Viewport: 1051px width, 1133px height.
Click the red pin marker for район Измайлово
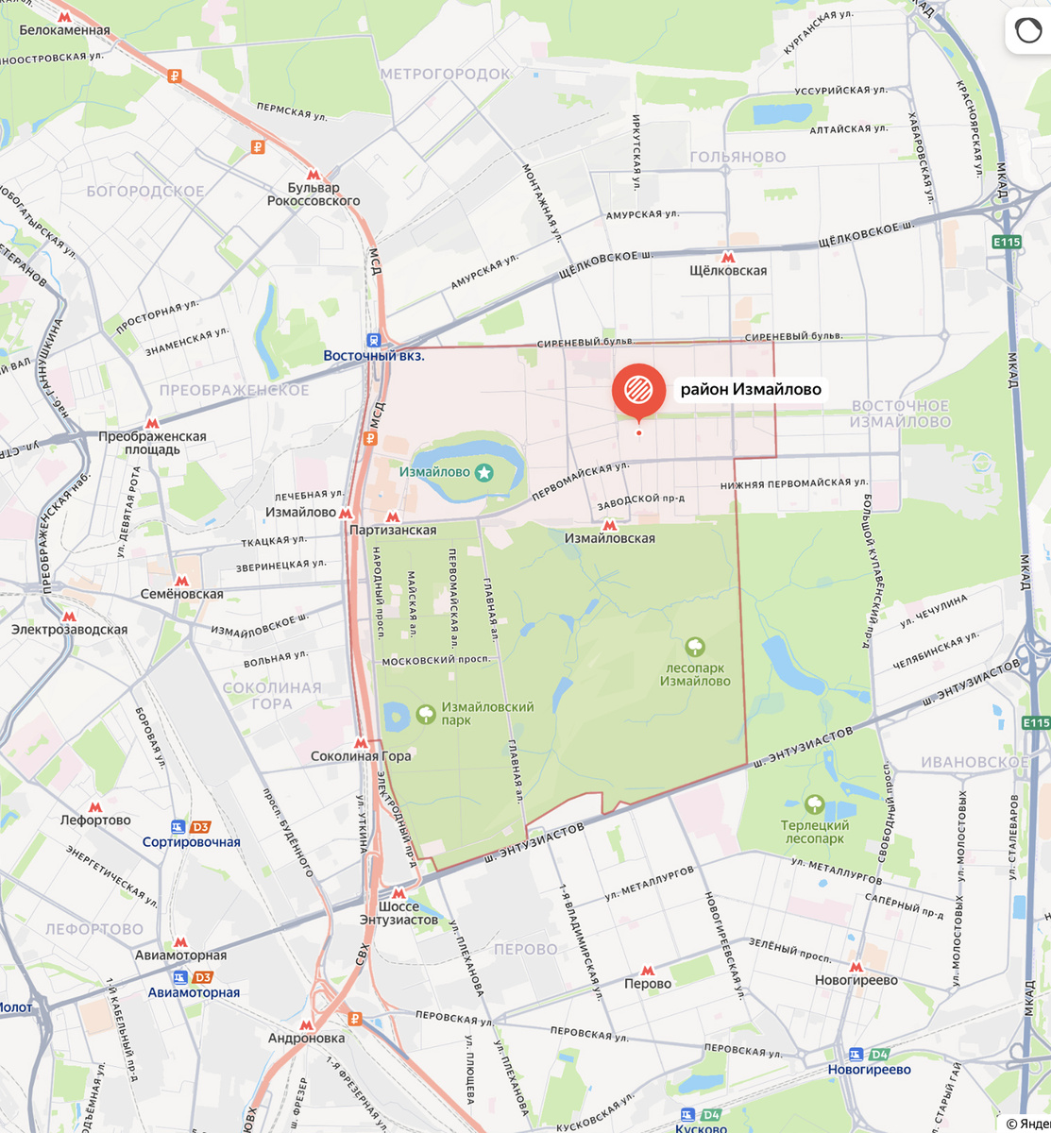(638, 390)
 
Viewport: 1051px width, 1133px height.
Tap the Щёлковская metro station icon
(727, 257)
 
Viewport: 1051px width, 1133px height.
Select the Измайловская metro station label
(609, 538)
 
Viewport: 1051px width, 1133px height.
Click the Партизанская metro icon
(393, 516)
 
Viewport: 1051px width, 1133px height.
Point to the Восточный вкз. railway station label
(374, 356)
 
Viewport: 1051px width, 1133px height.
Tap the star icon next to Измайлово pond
(483, 472)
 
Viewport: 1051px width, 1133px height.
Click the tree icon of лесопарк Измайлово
(695, 647)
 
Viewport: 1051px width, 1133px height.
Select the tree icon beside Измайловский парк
(426, 713)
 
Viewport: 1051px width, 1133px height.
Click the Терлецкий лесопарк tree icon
(815, 805)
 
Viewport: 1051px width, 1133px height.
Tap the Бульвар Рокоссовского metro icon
(314, 175)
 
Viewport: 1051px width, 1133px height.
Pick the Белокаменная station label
(64, 30)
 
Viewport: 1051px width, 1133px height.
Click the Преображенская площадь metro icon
(152, 424)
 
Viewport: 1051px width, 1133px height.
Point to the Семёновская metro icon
(181, 581)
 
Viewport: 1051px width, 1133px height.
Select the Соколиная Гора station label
(361, 756)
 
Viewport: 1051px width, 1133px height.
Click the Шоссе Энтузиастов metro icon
(398, 893)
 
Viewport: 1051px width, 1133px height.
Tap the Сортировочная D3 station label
(192, 842)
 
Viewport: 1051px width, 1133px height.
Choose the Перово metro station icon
(647, 971)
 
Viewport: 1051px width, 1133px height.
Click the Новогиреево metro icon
(856, 967)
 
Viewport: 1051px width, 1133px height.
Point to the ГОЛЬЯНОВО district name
(737, 157)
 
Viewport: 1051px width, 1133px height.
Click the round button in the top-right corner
(1027, 30)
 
